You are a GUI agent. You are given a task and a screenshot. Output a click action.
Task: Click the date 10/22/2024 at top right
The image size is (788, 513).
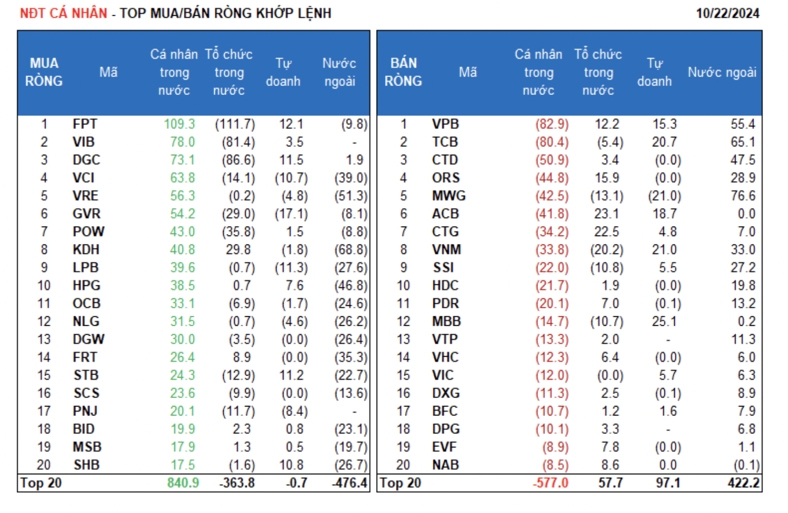[x=727, y=13]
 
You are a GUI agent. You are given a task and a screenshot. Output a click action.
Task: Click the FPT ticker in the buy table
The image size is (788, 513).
[x=85, y=124]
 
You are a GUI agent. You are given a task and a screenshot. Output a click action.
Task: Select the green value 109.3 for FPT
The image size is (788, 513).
[x=179, y=124]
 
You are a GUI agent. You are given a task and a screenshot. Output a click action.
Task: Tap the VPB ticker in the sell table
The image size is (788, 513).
[x=445, y=124]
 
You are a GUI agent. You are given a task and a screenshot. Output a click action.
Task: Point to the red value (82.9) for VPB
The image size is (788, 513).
[x=552, y=124]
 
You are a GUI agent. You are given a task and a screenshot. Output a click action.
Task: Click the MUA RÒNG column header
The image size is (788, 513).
[x=44, y=72]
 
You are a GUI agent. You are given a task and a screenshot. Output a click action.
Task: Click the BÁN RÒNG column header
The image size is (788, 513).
[x=403, y=72]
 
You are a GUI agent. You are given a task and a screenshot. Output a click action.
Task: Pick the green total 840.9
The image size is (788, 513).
[x=183, y=483]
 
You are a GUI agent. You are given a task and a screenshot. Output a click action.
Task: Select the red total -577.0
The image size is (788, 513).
[x=550, y=483]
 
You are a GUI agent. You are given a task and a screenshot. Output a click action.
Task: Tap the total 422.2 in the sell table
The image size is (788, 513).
[x=743, y=483]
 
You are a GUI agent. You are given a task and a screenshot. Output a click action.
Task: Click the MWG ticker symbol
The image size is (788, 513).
[x=449, y=196]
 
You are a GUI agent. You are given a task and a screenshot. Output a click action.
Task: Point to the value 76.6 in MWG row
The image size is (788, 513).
[x=743, y=196]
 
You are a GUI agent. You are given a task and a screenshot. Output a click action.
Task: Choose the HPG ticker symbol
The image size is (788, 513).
[x=86, y=286]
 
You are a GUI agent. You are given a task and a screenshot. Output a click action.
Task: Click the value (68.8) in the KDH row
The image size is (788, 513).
[x=351, y=250]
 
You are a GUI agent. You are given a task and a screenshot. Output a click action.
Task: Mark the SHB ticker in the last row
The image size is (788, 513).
[x=86, y=465]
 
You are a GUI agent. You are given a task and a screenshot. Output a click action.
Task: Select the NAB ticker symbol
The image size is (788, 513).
[x=446, y=465]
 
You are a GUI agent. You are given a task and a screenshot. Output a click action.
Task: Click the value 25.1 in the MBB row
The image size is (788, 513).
[x=664, y=322]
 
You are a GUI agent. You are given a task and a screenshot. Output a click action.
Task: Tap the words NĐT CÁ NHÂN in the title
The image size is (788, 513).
[x=63, y=13]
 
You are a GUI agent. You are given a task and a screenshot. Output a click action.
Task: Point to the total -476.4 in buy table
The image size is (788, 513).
[x=349, y=483]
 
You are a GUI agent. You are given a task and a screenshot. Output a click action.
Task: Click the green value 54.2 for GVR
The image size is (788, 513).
[x=182, y=214]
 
